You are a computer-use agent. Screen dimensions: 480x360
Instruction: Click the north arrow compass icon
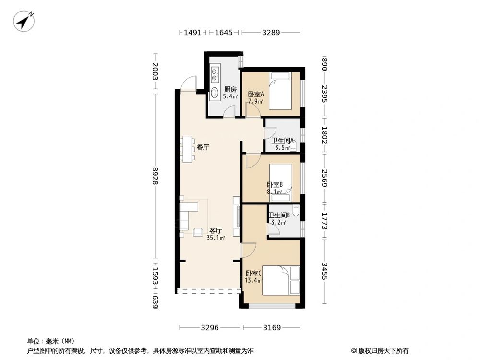pos(24,21)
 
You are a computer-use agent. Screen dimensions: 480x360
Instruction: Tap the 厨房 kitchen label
pos(230,89)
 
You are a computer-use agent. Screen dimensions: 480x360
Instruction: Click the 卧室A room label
pos(256,94)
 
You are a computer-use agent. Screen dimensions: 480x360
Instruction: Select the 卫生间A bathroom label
pos(283,141)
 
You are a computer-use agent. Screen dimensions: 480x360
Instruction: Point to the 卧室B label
pos(275,185)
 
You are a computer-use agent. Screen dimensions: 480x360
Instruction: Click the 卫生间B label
pos(279,216)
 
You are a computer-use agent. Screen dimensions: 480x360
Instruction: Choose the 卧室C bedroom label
pos(253,273)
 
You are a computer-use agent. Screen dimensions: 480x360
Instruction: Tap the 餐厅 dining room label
pos(203,147)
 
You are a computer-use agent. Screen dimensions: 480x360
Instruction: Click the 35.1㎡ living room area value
pos(216,238)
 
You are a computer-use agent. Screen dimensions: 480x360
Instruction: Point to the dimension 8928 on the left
pos(156,176)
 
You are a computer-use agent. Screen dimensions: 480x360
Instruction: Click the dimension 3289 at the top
pos(271,32)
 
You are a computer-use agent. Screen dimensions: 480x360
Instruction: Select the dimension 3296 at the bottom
pos(210,327)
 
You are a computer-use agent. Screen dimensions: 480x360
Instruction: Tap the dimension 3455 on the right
pos(324,271)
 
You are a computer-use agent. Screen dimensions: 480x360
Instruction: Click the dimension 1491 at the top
pos(192,32)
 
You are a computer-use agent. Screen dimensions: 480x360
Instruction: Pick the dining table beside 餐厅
pos(187,149)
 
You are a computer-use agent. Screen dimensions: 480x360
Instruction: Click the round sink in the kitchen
pos(214,92)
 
